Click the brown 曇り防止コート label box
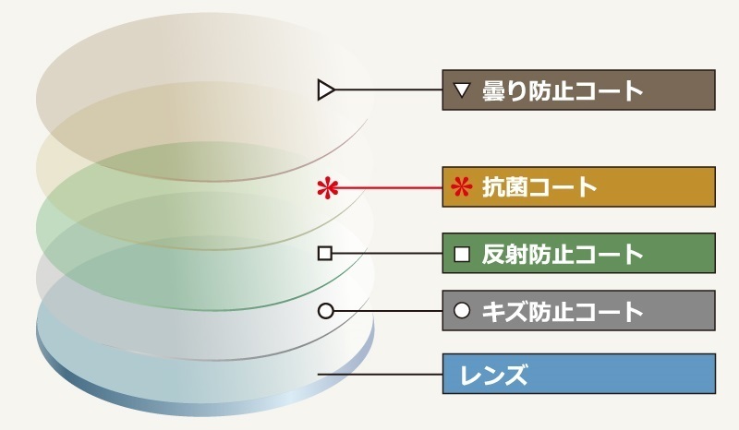click(578, 90)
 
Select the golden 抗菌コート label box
click(578, 187)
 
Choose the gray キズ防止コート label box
click(578, 311)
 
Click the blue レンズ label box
click(578, 374)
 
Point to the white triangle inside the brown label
click(463, 90)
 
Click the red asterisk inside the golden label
click(461, 187)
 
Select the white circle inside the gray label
click(463, 311)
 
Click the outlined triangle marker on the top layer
click(324, 90)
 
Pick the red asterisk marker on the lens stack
click(325, 188)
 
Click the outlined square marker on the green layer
click(324, 253)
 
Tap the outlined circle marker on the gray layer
click(325, 311)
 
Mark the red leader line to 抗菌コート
click(388, 188)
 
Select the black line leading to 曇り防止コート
click(388, 90)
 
